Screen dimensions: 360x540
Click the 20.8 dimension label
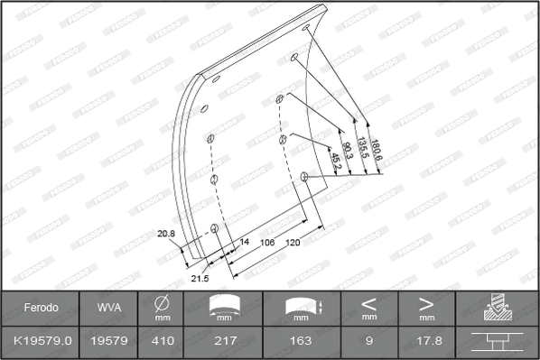[x=165, y=234]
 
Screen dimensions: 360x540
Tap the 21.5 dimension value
[x=200, y=278]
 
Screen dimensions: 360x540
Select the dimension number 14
[x=243, y=242]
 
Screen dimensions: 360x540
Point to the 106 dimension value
[x=267, y=243]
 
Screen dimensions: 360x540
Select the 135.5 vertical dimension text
[x=363, y=148]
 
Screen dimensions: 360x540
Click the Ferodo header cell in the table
[x=41, y=308]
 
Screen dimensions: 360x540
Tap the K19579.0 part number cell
[x=41, y=341]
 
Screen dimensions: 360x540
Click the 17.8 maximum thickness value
[x=426, y=341]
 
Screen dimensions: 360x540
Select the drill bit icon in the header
[x=498, y=308]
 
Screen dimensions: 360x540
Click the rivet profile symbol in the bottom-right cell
[x=498, y=341]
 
